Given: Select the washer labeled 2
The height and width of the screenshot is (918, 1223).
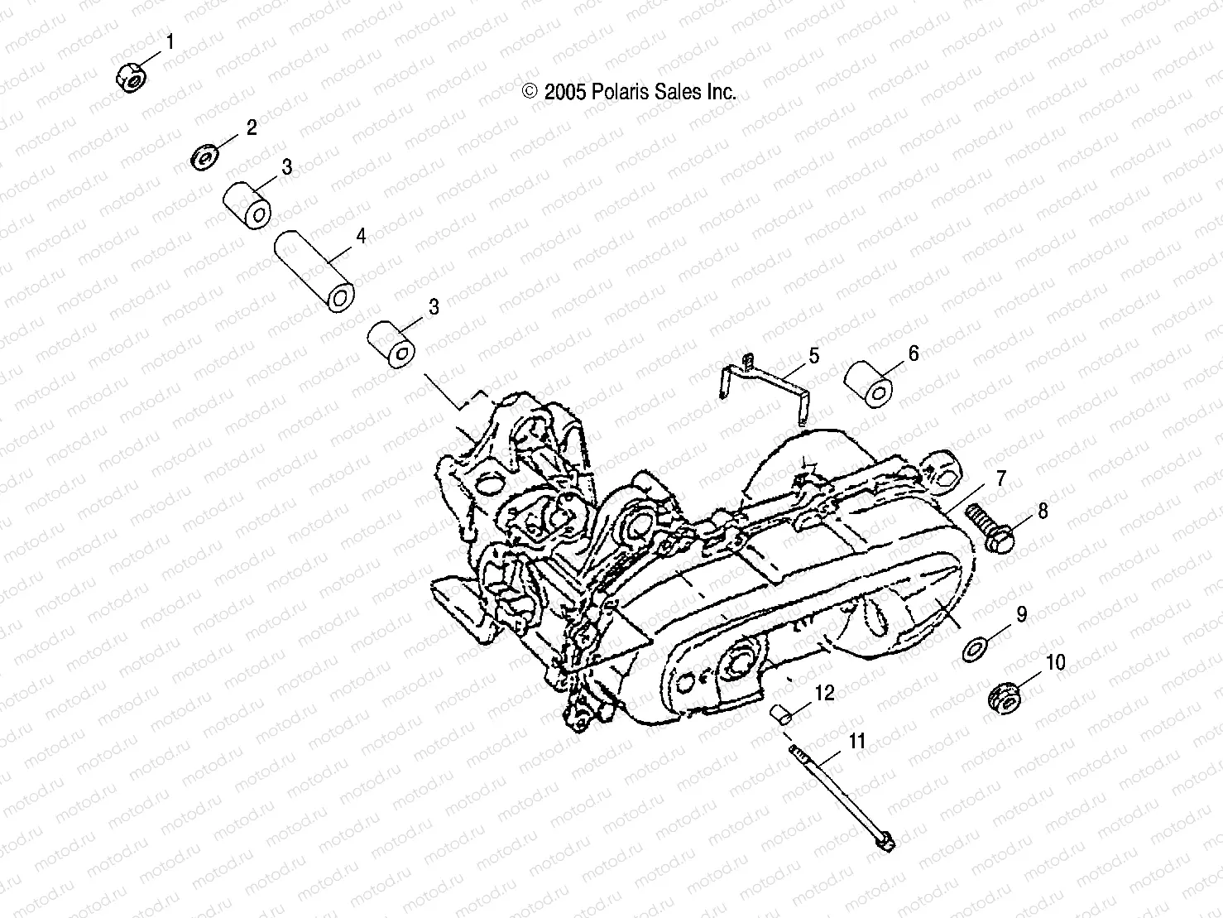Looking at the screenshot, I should [x=204, y=156].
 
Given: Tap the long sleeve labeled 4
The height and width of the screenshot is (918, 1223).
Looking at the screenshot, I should [x=315, y=270].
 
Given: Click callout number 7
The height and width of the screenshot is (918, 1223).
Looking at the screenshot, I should [x=1001, y=478].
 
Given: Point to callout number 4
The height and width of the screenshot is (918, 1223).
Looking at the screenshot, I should [x=361, y=236].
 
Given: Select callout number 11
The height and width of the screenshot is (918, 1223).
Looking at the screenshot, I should [x=856, y=740].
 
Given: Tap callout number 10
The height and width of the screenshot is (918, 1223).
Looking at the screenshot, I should [x=1056, y=662].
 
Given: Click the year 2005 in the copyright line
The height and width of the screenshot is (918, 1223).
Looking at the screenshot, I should [x=565, y=92].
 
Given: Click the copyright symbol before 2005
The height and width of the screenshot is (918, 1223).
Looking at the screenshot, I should [x=530, y=92].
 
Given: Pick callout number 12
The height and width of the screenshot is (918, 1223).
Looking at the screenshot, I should [x=825, y=692].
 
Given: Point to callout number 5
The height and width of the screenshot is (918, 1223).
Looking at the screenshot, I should [x=814, y=356].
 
